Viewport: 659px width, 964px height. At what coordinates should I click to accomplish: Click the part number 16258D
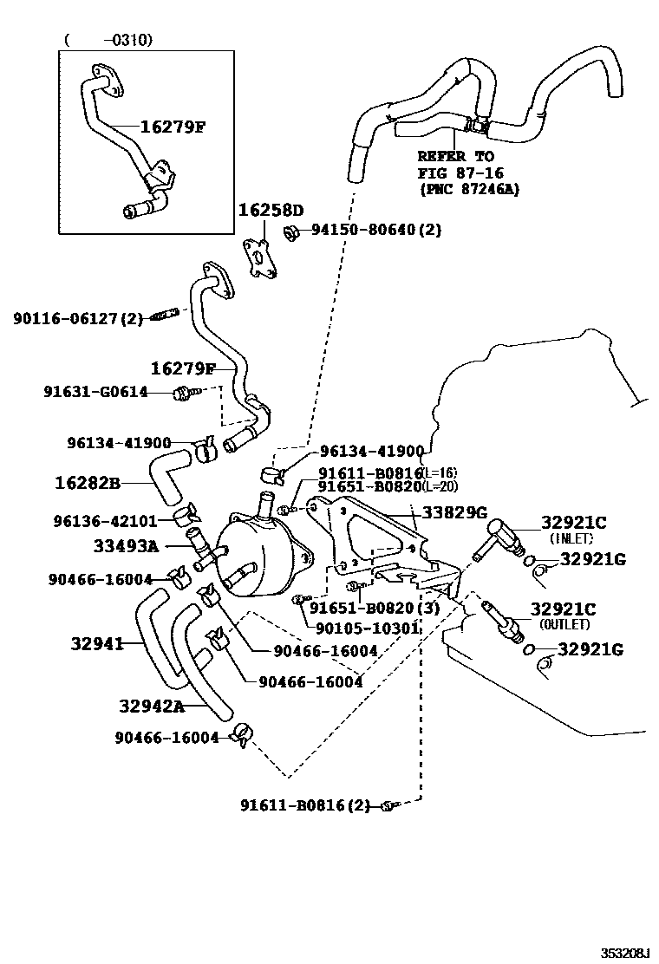pos(271,211)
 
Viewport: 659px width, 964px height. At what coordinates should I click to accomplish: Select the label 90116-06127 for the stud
pos(77,319)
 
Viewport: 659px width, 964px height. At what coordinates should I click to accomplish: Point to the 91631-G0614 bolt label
pos(95,392)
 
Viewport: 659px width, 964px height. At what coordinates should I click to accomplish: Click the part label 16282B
pos(88,482)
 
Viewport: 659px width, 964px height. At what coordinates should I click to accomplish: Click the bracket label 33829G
pos(454,512)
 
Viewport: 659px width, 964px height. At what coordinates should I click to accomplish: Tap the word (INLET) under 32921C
pos(571,538)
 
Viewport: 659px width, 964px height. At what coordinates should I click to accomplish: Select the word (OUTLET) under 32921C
pos(564,623)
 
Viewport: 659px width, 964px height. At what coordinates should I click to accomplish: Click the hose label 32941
pos(94,643)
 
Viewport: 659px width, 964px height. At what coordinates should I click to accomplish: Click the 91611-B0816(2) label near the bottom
pos(309,805)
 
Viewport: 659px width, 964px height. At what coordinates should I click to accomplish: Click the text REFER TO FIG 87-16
pos(456,165)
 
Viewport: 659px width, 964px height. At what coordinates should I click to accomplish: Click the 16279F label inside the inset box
pos(173,127)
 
